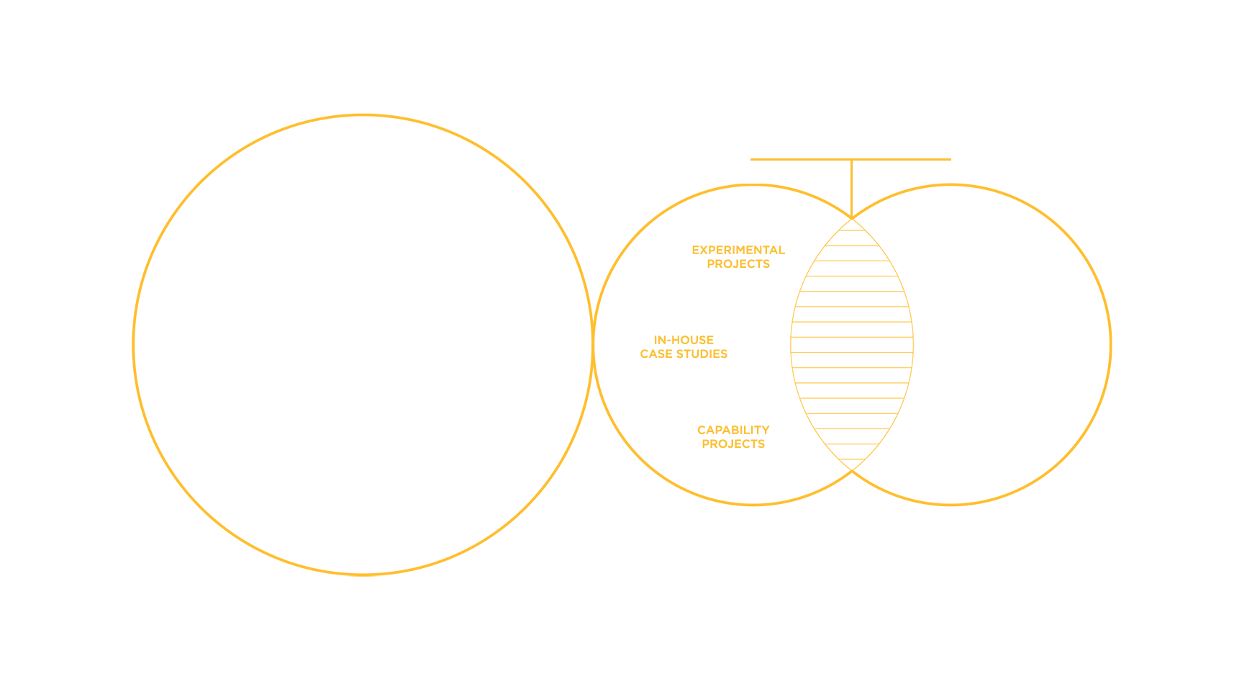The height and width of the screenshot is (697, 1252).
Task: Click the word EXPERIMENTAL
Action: [738, 250]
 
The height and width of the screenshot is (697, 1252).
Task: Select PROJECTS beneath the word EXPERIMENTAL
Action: [738, 264]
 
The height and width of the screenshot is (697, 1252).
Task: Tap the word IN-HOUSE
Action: [684, 340]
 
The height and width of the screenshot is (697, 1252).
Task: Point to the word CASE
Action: [656, 354]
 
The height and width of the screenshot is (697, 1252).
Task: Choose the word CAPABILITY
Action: [733, 430]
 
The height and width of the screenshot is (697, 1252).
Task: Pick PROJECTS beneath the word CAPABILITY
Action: [733, 444]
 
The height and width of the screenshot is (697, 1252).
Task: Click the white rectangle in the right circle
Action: [997, 343]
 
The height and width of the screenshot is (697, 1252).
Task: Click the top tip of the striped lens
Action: [852, 220]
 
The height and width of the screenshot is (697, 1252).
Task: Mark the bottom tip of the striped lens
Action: [852, 469]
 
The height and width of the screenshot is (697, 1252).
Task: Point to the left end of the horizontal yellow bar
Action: [752, 159]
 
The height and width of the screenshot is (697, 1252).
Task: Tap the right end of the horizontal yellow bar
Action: [950, 159]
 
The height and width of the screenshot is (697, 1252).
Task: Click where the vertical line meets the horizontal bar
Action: [852, 160]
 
